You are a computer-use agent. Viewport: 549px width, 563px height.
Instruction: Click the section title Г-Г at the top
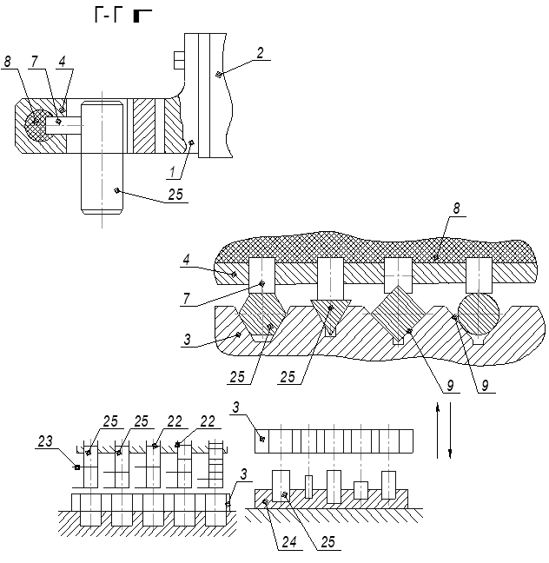(105, 16)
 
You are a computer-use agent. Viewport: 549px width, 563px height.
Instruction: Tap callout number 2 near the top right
(259, 53)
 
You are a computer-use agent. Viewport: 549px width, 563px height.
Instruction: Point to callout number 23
(45, 442)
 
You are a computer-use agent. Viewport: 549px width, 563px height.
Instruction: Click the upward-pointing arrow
(437, 426)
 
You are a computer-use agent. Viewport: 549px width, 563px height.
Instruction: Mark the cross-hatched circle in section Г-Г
(37, 127)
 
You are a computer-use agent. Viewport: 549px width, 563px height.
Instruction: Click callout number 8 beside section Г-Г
(7, 62)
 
